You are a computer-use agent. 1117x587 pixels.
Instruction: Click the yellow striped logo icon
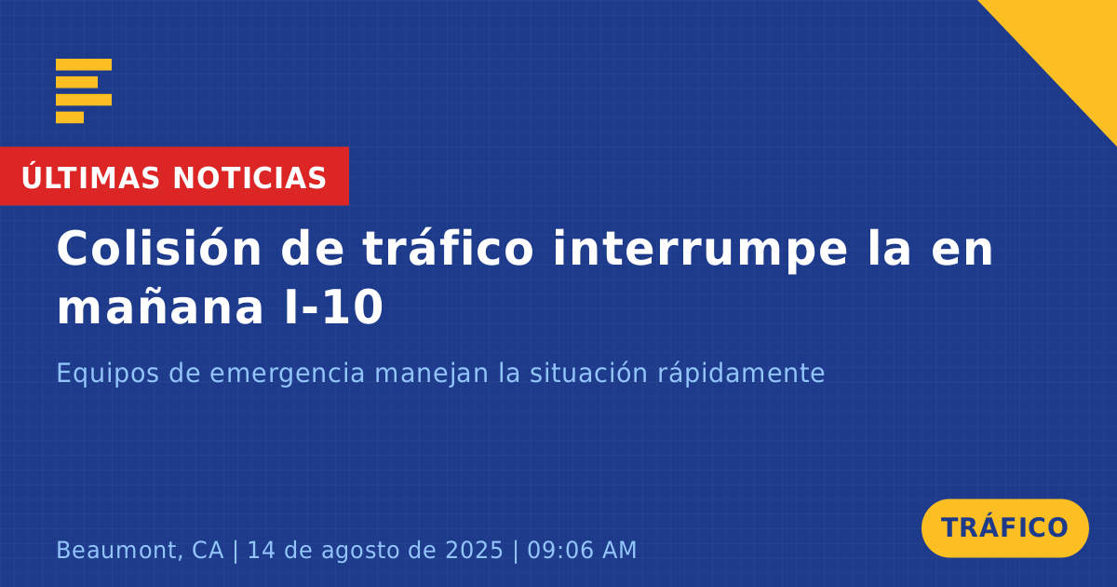[x=84, y=91]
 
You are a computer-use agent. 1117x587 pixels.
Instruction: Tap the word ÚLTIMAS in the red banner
[x=90, y=177]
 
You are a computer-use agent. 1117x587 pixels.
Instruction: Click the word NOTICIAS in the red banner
[x=249, y=178]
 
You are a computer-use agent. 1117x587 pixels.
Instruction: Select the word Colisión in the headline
[x=158, y=248]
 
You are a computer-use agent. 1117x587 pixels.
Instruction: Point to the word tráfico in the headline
[x=448, y=248]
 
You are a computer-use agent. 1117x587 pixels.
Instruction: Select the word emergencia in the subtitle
[x=287, y=374]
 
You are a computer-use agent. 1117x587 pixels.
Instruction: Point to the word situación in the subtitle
[x=588, y=373]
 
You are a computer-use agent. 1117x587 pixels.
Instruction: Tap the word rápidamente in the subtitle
[x=742, y=374]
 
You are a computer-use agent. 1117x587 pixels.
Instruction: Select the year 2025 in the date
[x=474, y=550]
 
